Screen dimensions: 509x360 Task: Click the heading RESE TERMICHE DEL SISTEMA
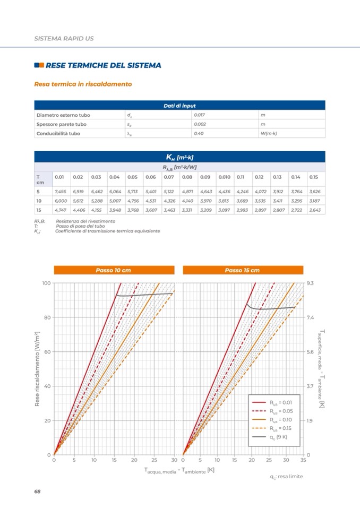(103, 65)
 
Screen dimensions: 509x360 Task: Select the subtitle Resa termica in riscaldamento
(83, 84)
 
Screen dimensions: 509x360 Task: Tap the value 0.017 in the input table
(201, 115)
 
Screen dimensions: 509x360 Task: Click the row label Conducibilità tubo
(58, 133)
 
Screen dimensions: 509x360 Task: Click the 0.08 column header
(187, 177)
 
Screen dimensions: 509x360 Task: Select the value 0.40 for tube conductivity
(200, 133)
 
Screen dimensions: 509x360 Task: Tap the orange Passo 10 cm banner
(113, 270)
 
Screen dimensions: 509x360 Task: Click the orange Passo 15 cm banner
(242, 270)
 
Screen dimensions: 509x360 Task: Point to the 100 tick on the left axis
(46, 283)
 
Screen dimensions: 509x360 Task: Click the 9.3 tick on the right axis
(311, 283)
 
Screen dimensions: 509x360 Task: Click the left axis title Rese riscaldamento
(38, 368)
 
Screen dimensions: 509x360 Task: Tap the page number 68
(37, 491)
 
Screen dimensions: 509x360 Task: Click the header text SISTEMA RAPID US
(64, 39)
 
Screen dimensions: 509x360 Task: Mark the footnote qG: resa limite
(286, 476)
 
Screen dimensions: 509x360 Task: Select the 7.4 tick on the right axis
(311, 317)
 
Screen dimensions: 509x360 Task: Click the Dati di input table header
(179, 106)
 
